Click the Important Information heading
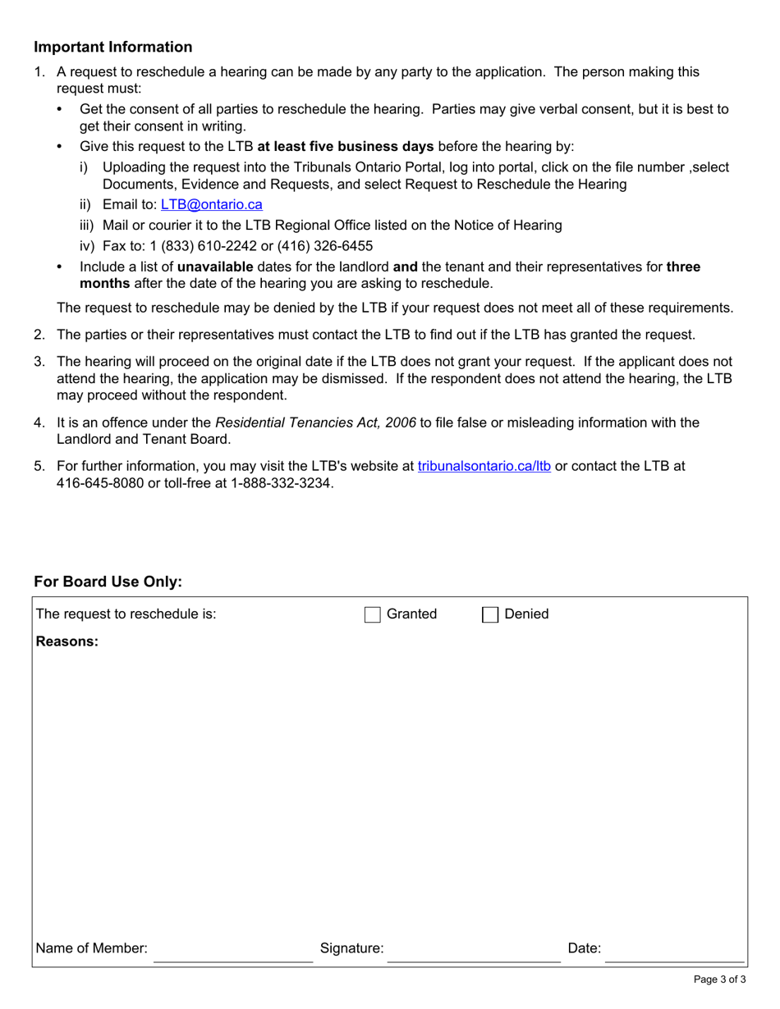tap(113, 47)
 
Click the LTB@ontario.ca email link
tap(212, 205)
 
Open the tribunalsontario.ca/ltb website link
tap(484, 466)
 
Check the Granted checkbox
tap(373, 614)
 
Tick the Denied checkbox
tap(490, 614)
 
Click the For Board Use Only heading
tap(108, 582)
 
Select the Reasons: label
tap(67, 641)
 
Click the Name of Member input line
tap(233, 952)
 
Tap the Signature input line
tap(474, 952)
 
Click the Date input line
tap(674, 952)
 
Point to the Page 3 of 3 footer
tap(719, 979)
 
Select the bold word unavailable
tap(215, 267)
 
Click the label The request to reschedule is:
tap(126, 614)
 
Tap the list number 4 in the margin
tap(39, 422)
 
